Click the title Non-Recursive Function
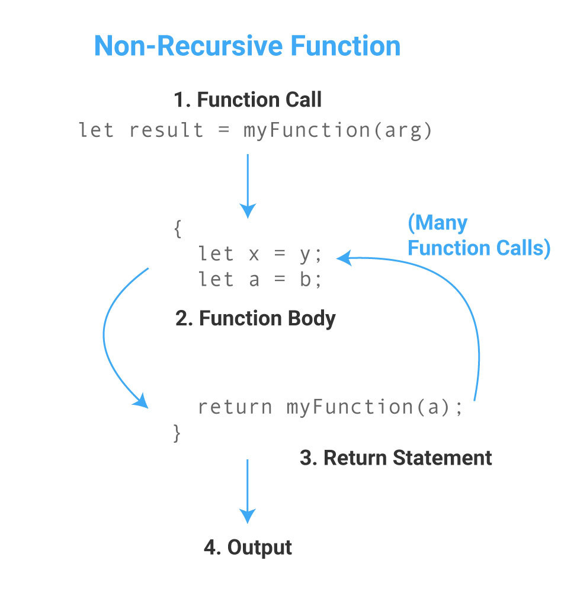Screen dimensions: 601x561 coord(247,46)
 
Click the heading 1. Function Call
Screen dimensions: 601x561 coord(248,100)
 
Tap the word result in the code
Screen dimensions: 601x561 coord(166,130)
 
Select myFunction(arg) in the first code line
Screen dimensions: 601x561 coord(338,130)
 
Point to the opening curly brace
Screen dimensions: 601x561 coord(177,229)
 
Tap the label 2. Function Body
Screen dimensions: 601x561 coord(255,319)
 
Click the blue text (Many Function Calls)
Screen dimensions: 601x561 coord(479,235)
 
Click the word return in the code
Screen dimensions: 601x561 coord(235,407)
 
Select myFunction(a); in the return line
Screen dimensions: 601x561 coord(374,407)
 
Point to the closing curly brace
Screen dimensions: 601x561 coord(177,433)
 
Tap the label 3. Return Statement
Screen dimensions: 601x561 coord(396,458)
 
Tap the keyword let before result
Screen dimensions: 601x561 coord(96,130)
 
